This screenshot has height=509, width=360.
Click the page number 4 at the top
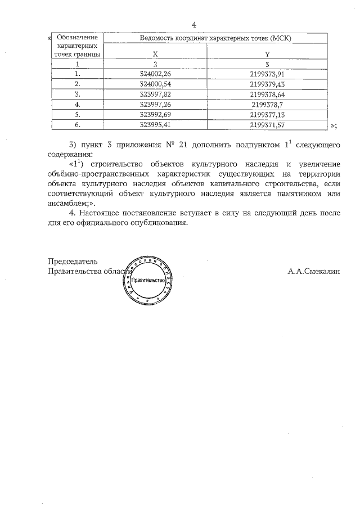(193, 24)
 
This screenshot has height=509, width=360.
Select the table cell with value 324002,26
(155, 73)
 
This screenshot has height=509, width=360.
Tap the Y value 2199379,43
(267, 83)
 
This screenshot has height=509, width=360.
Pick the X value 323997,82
(155, 94)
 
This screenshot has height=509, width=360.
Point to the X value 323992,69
(155, 115)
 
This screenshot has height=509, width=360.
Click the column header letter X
(155, 54)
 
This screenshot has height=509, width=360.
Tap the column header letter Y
(267, 54)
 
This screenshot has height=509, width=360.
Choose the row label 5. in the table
(78, 115)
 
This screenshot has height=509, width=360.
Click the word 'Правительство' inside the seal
(148, 280)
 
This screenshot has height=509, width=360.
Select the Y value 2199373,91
(267, 73)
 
